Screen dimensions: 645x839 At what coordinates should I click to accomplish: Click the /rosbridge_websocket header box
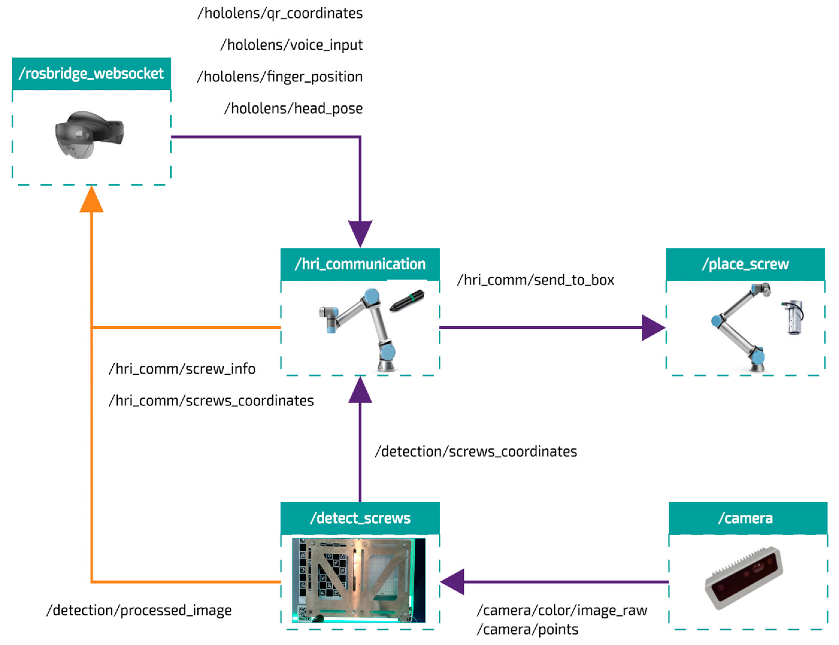91,74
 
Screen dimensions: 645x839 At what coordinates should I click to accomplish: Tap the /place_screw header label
745,264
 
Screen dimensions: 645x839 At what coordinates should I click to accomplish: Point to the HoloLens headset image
90,134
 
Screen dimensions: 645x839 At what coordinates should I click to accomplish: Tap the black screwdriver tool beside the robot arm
407,300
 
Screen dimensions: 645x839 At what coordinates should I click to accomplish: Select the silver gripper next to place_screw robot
793,317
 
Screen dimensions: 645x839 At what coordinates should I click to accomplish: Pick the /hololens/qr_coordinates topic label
280,13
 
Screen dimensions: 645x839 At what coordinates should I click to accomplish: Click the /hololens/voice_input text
291,45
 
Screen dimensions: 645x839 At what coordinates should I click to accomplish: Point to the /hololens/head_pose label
293,109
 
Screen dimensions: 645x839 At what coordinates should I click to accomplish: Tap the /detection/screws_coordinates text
475,451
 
